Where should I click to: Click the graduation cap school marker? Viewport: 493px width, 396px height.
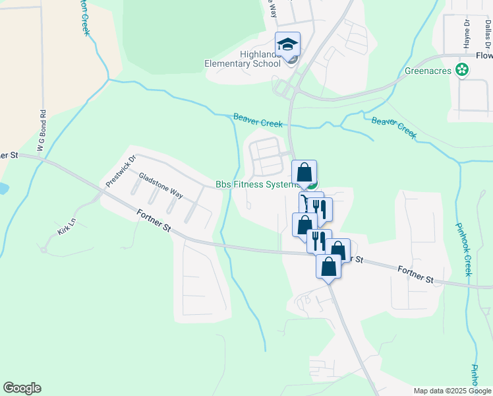pyautogui.click(x=287, y=45)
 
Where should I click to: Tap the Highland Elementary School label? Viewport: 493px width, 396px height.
pyautogui.click(x=243, y=59)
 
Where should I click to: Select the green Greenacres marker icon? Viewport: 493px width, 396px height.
pyautogui.click(x=463, y=69)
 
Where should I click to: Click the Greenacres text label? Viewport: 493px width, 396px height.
pyautogui.click(x=427, y=69)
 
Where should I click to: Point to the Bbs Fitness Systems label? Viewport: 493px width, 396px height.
pyautogui.click(x=257, y=185)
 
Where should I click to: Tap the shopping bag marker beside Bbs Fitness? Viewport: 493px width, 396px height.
pyautogui.click(x=304, y=173)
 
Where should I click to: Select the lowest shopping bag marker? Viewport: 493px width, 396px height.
pyautogui.click(x=329, y=267)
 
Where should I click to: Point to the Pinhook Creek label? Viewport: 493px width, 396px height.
pyautogui.click(x=463, y=249)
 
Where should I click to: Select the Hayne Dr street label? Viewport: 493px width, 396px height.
pyautogui.click(x=466, y=34)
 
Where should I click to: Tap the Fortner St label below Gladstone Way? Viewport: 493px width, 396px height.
pyautogui.click(x=154, y=220)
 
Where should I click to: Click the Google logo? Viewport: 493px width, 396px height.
pyautogui.click(x=22, y=388)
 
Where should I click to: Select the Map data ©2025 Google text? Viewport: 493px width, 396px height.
pyautogui.click(x=451, y=391)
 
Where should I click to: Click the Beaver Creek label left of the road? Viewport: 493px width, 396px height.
pyautogui.click(x=258, y=120)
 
